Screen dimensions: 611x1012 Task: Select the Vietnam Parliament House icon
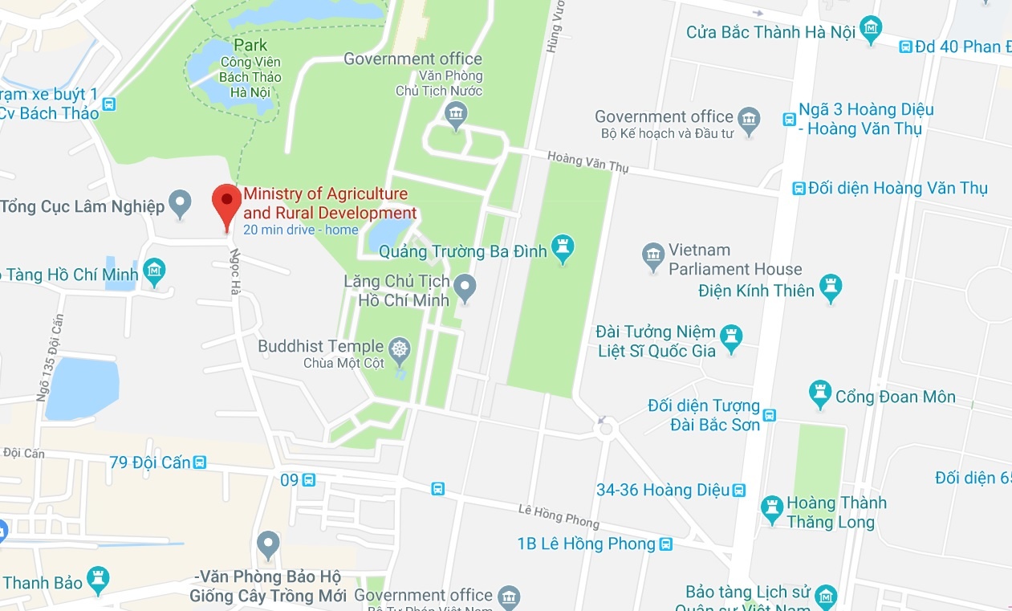coord(653,257)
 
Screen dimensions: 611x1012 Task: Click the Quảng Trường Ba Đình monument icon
coord(563,251)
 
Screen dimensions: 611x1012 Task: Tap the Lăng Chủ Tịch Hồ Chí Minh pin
coord(464,287)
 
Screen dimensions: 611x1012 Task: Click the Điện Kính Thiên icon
coord(831,289)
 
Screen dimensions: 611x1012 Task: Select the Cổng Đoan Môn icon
coord(819,394)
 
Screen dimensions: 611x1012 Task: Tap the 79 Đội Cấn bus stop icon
coord(200,462)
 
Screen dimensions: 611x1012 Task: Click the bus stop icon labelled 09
coord(309,480)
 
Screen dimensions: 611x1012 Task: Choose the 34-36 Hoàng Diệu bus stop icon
coord(739,490)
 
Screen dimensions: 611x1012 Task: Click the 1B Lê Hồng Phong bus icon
coord(665,544)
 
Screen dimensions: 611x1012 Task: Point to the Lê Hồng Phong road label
coord(559,515)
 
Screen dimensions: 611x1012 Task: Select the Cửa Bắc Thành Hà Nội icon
coord(870,31)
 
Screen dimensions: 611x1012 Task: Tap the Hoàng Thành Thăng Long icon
coord(772,509)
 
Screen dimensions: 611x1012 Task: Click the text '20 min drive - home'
coord(301,230)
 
